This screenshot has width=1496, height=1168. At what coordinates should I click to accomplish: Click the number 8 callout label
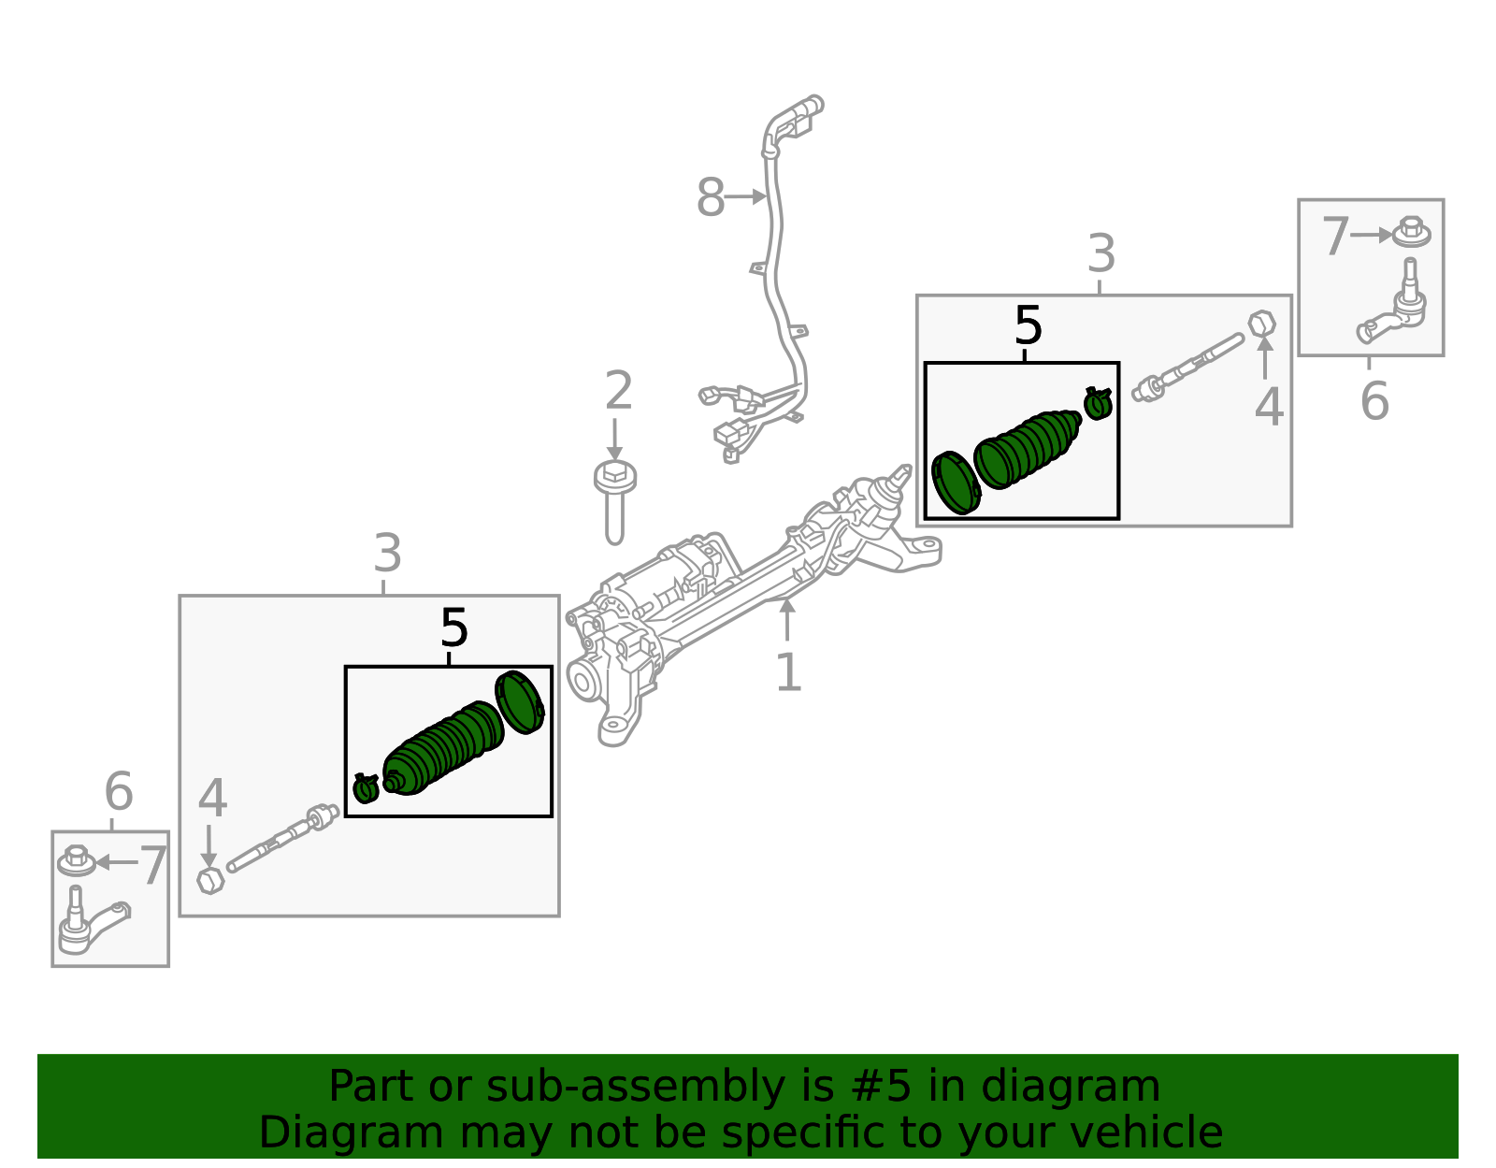click(x=711, y=198)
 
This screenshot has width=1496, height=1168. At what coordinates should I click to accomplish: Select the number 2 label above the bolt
click(x=618, y=391)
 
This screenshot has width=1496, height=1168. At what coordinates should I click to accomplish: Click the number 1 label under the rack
click(x=788, y=672)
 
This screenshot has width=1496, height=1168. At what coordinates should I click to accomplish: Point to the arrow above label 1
click(x=787, y=619)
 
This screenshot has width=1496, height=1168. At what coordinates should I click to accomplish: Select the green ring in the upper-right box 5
click(x=957, y=483)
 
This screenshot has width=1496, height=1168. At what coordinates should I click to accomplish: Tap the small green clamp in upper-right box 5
click(x=1098, y=403)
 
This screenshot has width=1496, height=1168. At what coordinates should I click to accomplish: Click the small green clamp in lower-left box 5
click(x=366, y=788)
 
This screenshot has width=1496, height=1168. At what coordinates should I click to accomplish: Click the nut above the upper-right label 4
click(x=1262, y=324)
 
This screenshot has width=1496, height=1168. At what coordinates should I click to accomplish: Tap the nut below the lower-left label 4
click(x=211, y=880)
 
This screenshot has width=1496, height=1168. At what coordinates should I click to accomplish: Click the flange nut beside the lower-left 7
click(x=77, y=860)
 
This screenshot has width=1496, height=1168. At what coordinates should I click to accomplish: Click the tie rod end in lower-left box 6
click(x=89, y=924)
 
